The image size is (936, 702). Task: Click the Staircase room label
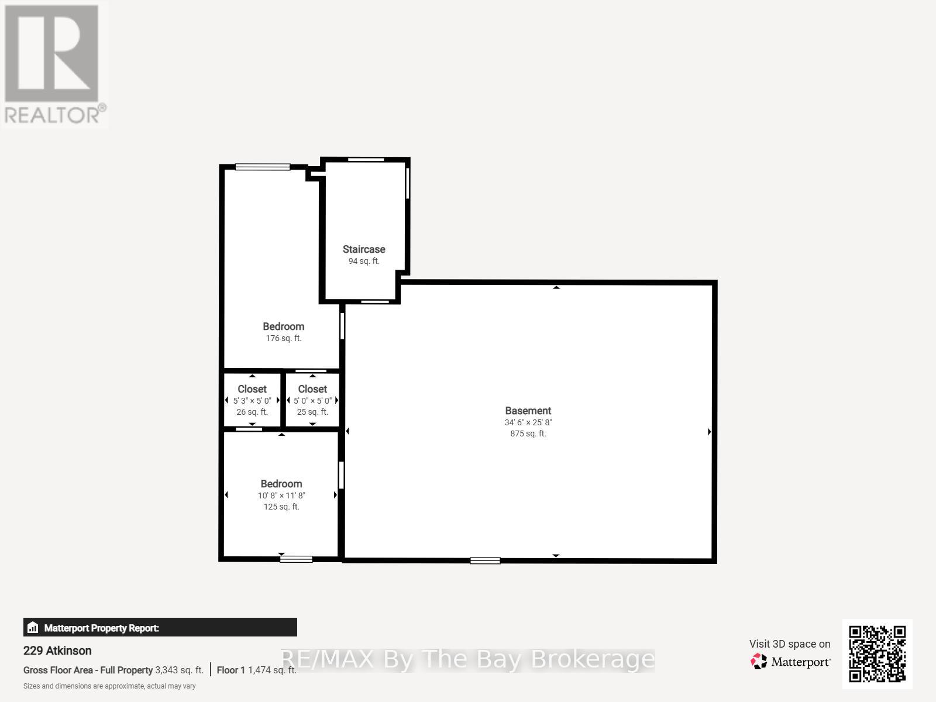[x=364, y=249]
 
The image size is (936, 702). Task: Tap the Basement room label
[x=528, y=411]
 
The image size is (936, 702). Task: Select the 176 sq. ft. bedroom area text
[x=283, y=338]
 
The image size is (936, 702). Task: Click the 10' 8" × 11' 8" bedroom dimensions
[x=281, y=495]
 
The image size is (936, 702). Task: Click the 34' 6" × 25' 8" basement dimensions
[x=528, y=422]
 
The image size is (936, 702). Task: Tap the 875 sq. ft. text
[x=528, y=433]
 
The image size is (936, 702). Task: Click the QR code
[x=877, y=654]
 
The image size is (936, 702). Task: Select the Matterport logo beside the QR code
[x=790, y=662]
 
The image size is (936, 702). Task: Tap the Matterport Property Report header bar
[x=160, y=628]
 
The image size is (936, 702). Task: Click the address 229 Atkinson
[x=57, y=651]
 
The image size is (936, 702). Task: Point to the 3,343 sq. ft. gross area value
[x=179, y=670]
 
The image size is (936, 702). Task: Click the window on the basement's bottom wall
[x=485, y=560]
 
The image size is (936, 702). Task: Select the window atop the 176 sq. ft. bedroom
[x=263, y=167]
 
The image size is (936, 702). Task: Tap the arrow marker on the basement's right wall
[x=709, y=432]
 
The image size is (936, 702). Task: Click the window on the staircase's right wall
[x=408, y=183]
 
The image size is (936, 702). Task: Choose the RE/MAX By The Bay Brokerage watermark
[x=468, y=659]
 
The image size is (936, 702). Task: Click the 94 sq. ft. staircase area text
[x=364, y=261]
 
